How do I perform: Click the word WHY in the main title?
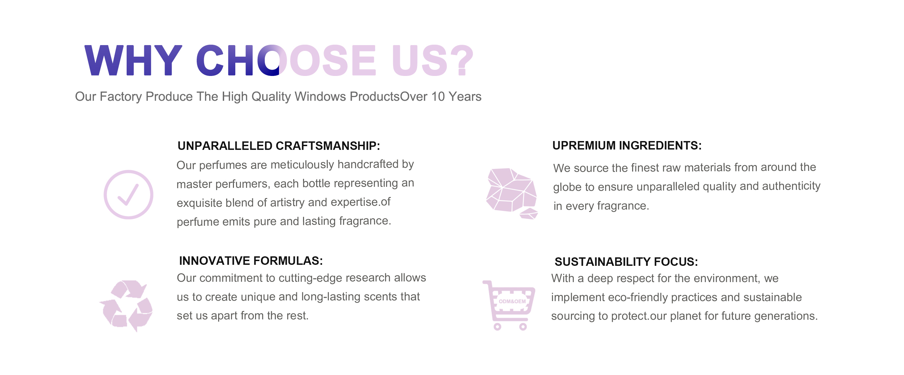click(133, 60)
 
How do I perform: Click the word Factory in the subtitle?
click(121, 97)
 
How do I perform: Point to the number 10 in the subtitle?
click(438, 97)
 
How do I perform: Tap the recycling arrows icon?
click(126, 306)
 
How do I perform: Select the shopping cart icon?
click(509, 305)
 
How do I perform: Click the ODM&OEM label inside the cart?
click(512, 301)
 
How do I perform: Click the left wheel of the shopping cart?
click(497, 327)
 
